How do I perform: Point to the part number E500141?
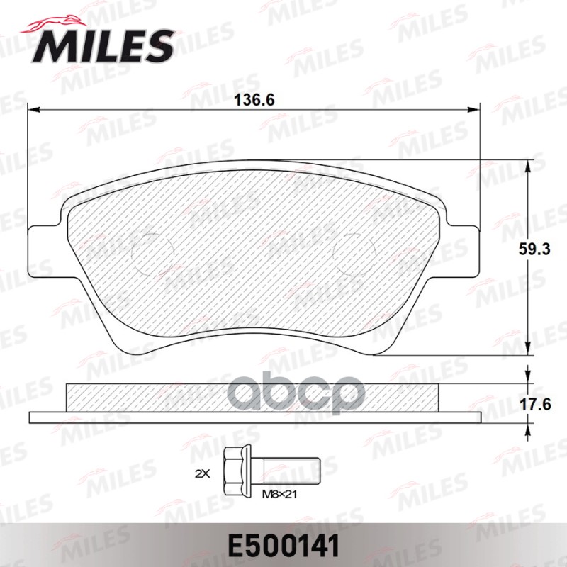pos(283,546)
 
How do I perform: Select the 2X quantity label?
pos(203,472)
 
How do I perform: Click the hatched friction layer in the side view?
pos(252,398)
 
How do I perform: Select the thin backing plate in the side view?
pos(256,417)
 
